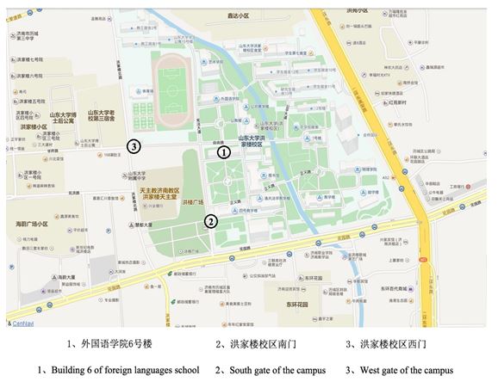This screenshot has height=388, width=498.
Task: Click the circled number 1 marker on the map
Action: (223, 152)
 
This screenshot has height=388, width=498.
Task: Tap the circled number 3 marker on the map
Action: (134, 146)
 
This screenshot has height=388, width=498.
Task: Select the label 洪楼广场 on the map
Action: (195, 203)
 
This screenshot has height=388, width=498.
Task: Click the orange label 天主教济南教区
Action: (159, 190)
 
